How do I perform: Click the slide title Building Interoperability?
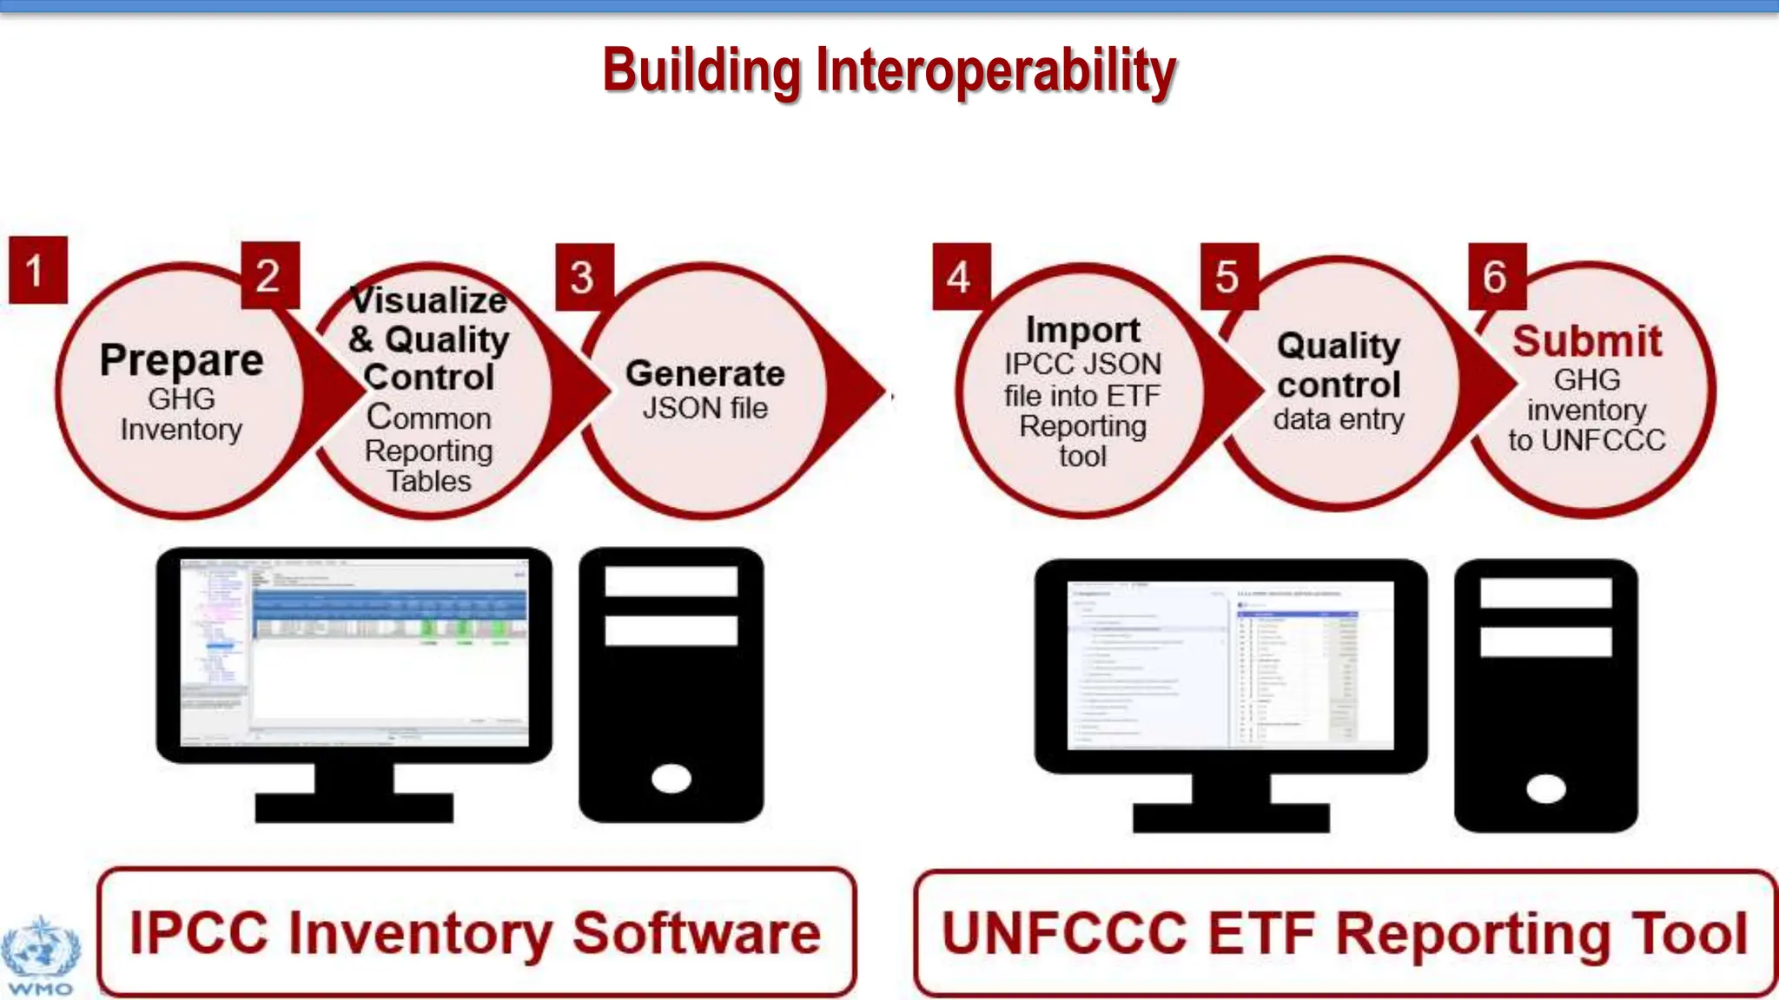click(889, 71)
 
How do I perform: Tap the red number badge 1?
click(37, 270)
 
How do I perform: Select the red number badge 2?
click(269, 275)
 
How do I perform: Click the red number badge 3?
click(584, 277)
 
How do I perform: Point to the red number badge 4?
click(960, 277)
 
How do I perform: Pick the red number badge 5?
click(1228, 276)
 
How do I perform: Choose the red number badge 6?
click(1496, 276)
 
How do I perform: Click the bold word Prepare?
click(182, 359)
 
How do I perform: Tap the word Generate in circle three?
click(704, 373)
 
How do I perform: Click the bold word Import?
click(1082, 330)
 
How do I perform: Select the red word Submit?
click(1586, 341)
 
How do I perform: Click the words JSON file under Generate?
click(704, 408)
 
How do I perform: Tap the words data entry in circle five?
click(1338, 420)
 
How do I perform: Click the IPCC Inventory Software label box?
click(476, 932)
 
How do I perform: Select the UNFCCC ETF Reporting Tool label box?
click(1344, 934)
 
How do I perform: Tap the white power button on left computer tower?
click(671, 778)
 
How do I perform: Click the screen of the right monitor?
click(1229, 665)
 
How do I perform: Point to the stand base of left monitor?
click(354, 808)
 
